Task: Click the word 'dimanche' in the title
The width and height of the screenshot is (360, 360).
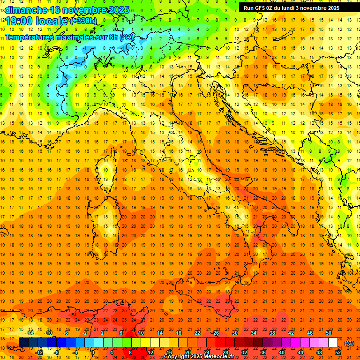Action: click(x=26, y=10)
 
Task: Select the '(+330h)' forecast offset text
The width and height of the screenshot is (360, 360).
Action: click(x=83, y=21)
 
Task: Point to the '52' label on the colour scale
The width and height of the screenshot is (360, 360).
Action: click(x=338, y=352)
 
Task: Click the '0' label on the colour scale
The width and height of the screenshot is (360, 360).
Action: click(x=93, y=352)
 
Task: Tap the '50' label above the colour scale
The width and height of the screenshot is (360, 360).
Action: click(x=329, y=333)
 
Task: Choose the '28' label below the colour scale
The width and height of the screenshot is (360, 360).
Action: click(x=225, y=352)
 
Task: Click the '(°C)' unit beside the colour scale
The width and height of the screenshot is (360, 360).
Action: click(x=349, y=343)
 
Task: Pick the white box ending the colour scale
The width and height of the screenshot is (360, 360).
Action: click(x=333, y=343)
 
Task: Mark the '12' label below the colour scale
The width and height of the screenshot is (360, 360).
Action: click(x=150, y=352)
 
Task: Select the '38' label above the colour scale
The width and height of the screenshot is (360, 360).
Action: click(x=272, y=333)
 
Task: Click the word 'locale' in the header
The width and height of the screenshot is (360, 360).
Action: click(x=53, y=21)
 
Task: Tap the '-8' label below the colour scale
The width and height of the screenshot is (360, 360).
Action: click(x=56, y=352)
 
